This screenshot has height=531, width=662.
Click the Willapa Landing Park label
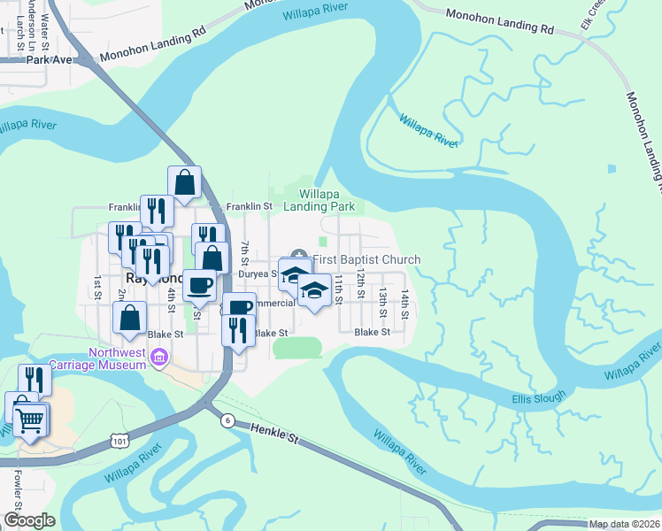coord(319,199)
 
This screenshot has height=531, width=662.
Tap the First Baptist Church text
coord(366,259)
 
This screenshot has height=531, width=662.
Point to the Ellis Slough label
coord(538,399)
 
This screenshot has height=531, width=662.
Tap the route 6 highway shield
coord(227,421)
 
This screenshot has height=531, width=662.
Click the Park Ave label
coord(48,60)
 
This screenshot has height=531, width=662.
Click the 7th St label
coord(244,254)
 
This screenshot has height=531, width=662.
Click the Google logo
coord(29,520)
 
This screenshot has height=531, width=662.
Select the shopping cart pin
coord(31,421)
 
